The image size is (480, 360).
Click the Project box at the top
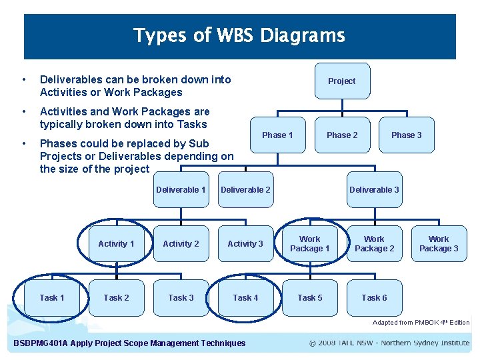point(341,81)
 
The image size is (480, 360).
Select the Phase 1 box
point(277,135)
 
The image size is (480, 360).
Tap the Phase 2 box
point(341,135)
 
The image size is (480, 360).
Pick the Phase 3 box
point(406,135)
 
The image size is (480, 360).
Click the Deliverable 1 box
point(181,190)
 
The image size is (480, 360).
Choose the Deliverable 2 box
point(245,190)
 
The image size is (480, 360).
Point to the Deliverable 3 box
point(374,190)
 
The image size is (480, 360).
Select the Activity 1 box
point(116,244)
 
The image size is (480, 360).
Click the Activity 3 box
point(245,244)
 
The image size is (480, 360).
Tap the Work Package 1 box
point(309,244)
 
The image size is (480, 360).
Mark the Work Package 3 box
point(439,244)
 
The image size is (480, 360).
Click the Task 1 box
point(52,298)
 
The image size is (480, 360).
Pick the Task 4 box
point(245,298)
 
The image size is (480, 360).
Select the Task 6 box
point(374,298)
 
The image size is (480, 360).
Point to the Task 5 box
point(309,298)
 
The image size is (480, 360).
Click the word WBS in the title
point(235,35)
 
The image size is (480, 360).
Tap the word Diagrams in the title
point(303,35)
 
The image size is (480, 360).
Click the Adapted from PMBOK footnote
point(421,323)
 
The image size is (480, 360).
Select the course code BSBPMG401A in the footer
point(41,343)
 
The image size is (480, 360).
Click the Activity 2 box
point(181,244)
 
